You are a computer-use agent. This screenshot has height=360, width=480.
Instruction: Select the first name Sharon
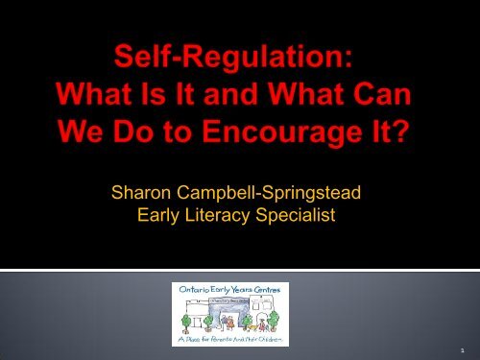[x=136, y=201]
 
